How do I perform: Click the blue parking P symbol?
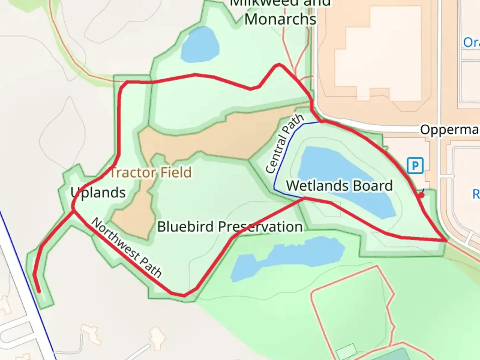pyautogui.click(x=415, y=165)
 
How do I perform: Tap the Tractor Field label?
pyautogui.click(x=151, y=173)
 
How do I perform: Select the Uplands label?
pyautogui.click(x=98, y=193)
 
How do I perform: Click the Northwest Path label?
pyautogui.click(x=127, y=248)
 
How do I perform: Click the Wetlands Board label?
pyautogui.click(x=339, y=186)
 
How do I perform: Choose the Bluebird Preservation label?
pyautogui.click(x=230, y=227)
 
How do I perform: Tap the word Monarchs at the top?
pyautogui.click(x=280, y=19)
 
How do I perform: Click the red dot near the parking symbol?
pyautogui.click(x=421, y=195)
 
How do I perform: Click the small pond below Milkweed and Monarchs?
pyautogui.click(x=200, y=45)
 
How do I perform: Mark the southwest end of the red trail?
pyautogui.click(x=39, y=292)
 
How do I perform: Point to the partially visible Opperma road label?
pyautogui.click(x=449, y=130)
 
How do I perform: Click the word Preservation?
pyautogui.click(x=260, y=227)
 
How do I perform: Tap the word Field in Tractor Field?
pyautogui.click(x=176, y=173)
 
